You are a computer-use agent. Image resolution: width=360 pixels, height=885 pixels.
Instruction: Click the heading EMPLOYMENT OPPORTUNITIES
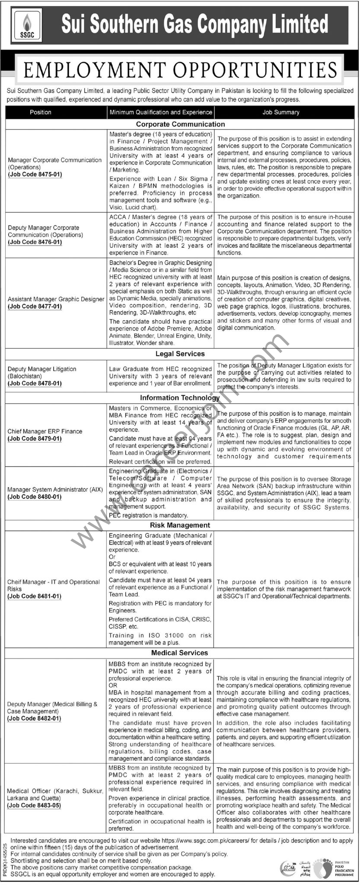tap(180, 70)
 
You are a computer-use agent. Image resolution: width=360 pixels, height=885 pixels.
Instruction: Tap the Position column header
tap(41, 112)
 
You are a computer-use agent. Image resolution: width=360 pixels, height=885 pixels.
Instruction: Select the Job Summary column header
tap(281, 112)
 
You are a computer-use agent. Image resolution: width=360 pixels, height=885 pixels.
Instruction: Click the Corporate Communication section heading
tap(180, 124)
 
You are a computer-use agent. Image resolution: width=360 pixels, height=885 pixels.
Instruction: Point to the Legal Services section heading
tap(180, 354)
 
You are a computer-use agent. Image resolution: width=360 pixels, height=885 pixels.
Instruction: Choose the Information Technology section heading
tap(180, 398)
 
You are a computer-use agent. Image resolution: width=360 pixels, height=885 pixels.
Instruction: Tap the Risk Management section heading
tap(180, 525)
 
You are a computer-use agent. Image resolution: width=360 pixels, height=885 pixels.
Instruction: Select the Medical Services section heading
tap(180, 653)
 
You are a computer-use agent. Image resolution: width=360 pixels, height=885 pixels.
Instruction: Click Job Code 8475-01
tap(35, 175)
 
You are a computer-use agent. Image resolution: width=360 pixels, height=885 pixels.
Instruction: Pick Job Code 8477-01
tap(35, 306)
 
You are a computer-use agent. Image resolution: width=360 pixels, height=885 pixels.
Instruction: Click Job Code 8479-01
tap(35, 439)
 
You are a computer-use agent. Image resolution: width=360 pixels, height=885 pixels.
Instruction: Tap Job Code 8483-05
tap(34, 805)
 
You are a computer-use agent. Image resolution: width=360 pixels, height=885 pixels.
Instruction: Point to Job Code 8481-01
tap(35, 596)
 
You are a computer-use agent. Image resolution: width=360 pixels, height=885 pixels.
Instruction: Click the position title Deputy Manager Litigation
tap(42, 369)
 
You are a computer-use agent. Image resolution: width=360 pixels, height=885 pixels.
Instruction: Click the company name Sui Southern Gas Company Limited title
tap(194, 24)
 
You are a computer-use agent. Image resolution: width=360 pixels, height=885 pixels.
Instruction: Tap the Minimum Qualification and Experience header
tap(161, 112)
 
